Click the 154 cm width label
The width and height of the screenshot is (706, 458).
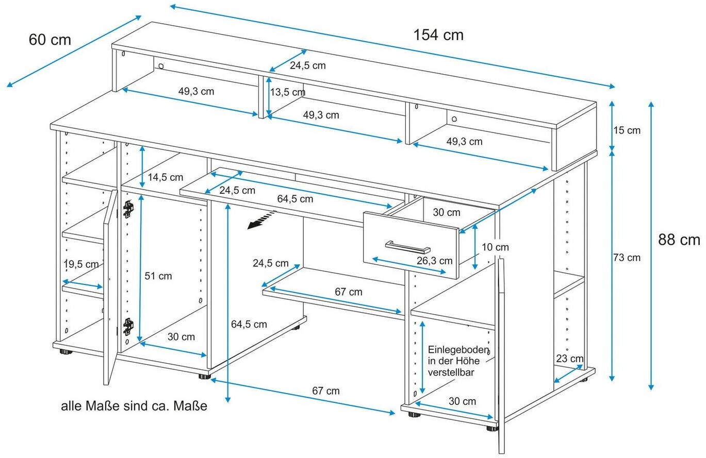click(x=438, y=35)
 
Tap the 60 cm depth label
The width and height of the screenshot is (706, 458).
click(x=50, y=40)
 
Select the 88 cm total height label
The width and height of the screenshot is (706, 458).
click(x=679, y=240)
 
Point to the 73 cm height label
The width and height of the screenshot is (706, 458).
click(x=627, y=258)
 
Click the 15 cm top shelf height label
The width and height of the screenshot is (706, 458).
click(x=627, y=130)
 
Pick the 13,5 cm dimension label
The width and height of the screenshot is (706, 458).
click(x=287, y=92)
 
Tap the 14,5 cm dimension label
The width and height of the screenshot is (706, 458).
click(x=165, y=178)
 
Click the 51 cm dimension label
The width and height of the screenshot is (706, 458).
click(x=158, y=276)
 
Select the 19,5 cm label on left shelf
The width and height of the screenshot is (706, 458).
click(x=81, y=264)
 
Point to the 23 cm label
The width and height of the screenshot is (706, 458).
click(x=569, y=359)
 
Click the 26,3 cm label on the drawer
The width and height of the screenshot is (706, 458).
click(x=434, y=261)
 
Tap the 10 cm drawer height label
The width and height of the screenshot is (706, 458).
click(x=495, y=247)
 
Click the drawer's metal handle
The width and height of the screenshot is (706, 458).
click(x=407, y=246)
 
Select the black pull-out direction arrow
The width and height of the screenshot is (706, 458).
click(x=259, y=222)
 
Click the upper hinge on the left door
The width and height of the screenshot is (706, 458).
click(x=128, y=208)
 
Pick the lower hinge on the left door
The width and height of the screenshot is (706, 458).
click(x=128, y=327)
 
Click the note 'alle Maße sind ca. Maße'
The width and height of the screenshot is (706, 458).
click(x=134, y=406)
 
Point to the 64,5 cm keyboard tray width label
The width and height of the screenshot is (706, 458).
click(x=295, y=198)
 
